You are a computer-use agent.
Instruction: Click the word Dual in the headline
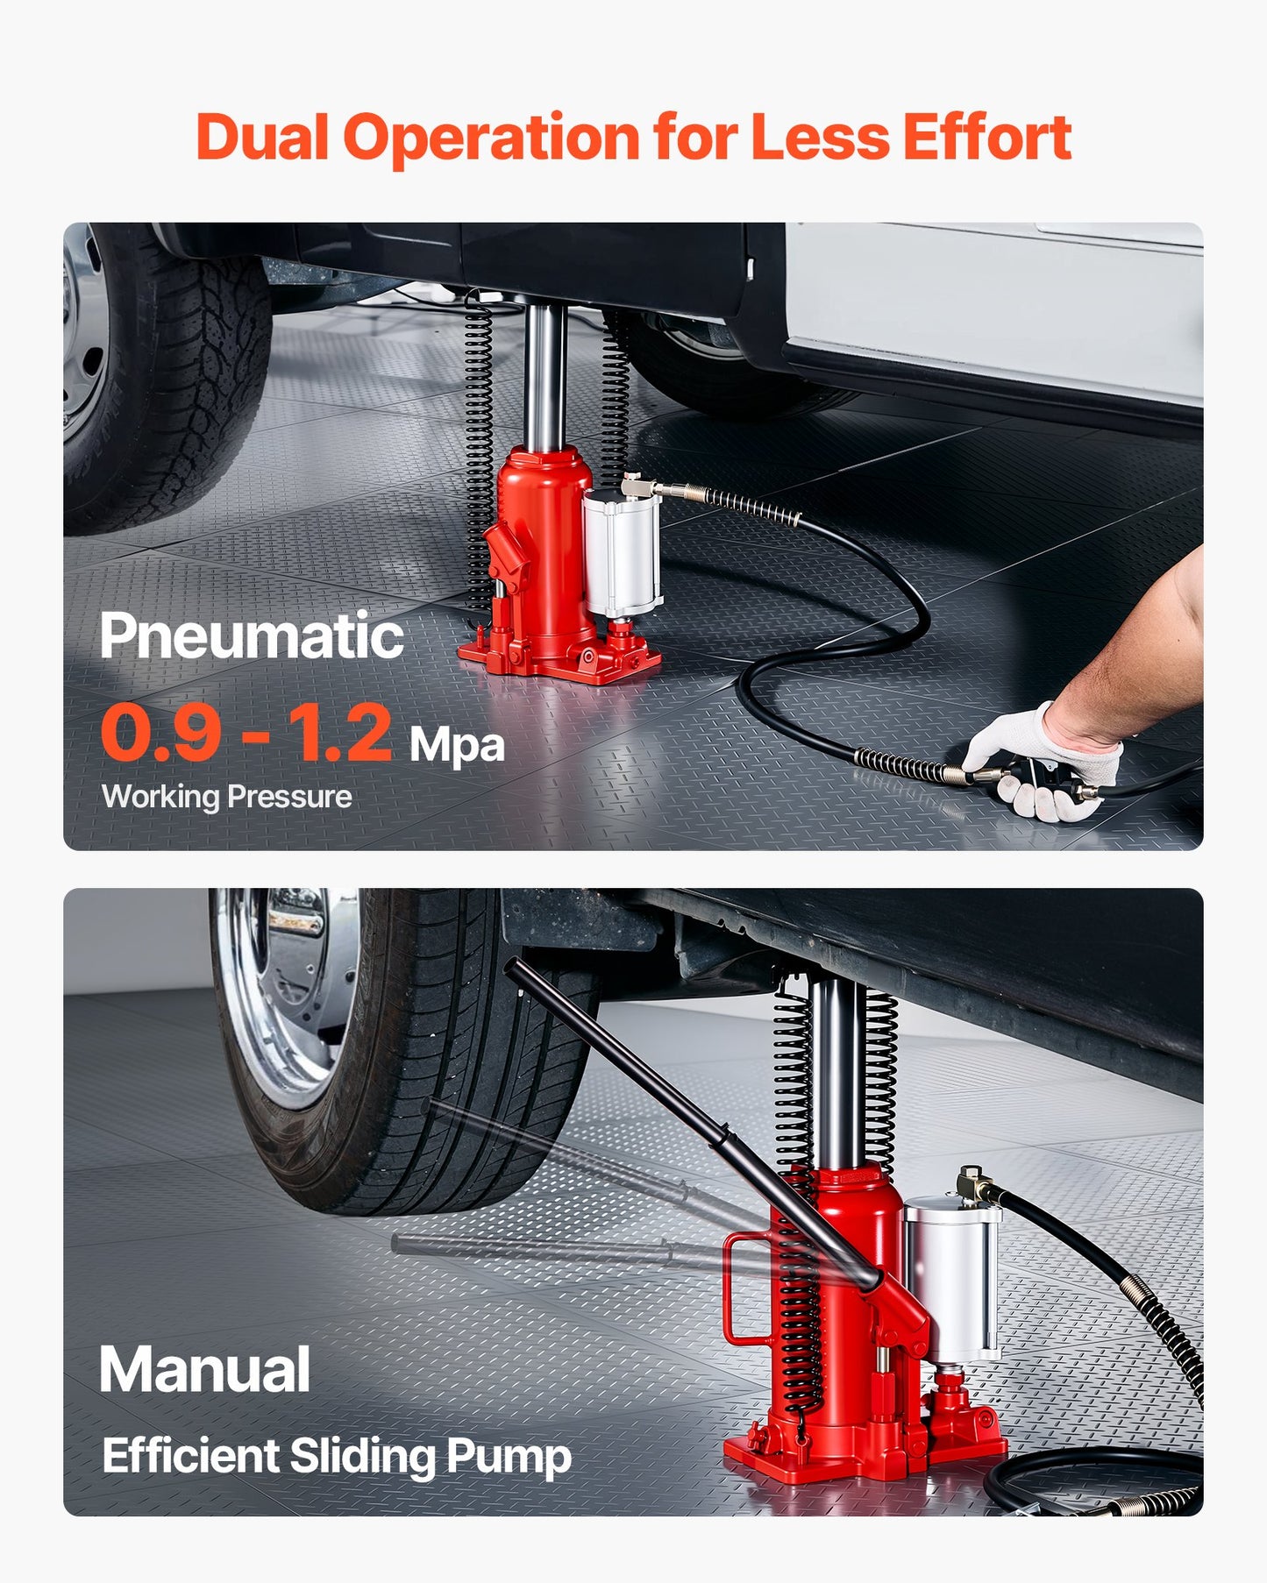click(x=261, y=138)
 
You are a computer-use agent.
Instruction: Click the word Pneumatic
click(x=252, y=635)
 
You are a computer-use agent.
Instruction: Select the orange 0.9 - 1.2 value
click(x=246, y=733)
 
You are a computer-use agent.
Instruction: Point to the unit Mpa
click(x=457, y=745)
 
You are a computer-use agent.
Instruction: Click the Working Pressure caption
click(x=226, y=797)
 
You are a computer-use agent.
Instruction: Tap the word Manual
click(x=204, y=1369)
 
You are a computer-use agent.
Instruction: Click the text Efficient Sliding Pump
click(x=337, y=1456)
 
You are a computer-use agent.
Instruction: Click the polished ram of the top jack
click(x=545, y=377)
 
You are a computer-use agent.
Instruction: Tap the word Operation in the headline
click(x=491, y=138)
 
